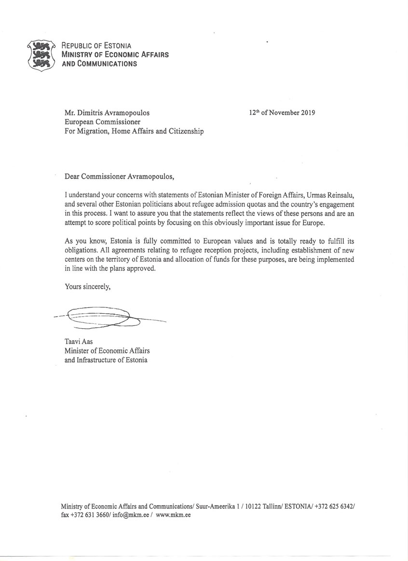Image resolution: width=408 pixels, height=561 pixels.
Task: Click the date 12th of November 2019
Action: pyautogui.click(x=282, y=113)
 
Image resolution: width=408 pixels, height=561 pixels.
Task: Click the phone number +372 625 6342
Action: pyautogui.click(x=335, y=506)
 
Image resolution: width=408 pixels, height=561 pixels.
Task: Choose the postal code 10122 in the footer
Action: pyautogui.click(x=252, y=506)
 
